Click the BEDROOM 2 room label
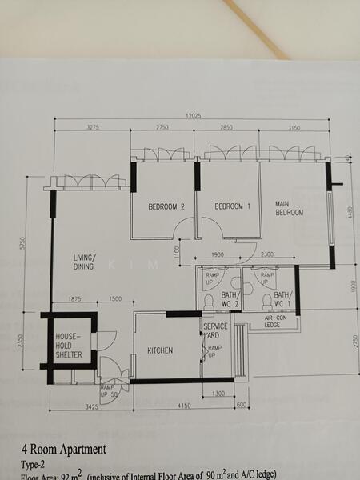(166, 206)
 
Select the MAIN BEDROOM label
(290, 208)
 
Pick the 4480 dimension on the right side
(350, 212)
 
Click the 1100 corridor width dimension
(178, 250)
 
